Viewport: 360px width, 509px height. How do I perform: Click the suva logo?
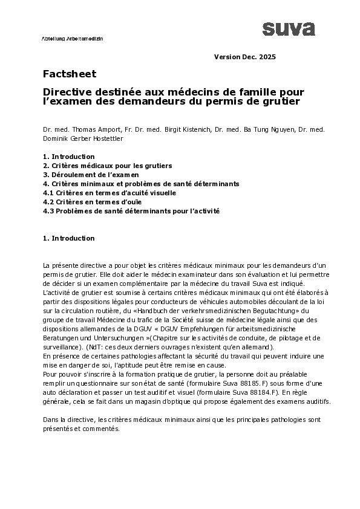point(288,28)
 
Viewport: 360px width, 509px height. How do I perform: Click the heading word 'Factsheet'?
point(70,74)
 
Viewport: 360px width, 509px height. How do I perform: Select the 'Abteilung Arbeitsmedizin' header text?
point(72,37)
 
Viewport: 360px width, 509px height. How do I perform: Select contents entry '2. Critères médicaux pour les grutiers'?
point(107,165)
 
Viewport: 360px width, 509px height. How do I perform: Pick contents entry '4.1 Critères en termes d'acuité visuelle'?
point(110,192)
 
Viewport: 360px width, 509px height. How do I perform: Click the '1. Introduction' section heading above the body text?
point(68,238)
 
